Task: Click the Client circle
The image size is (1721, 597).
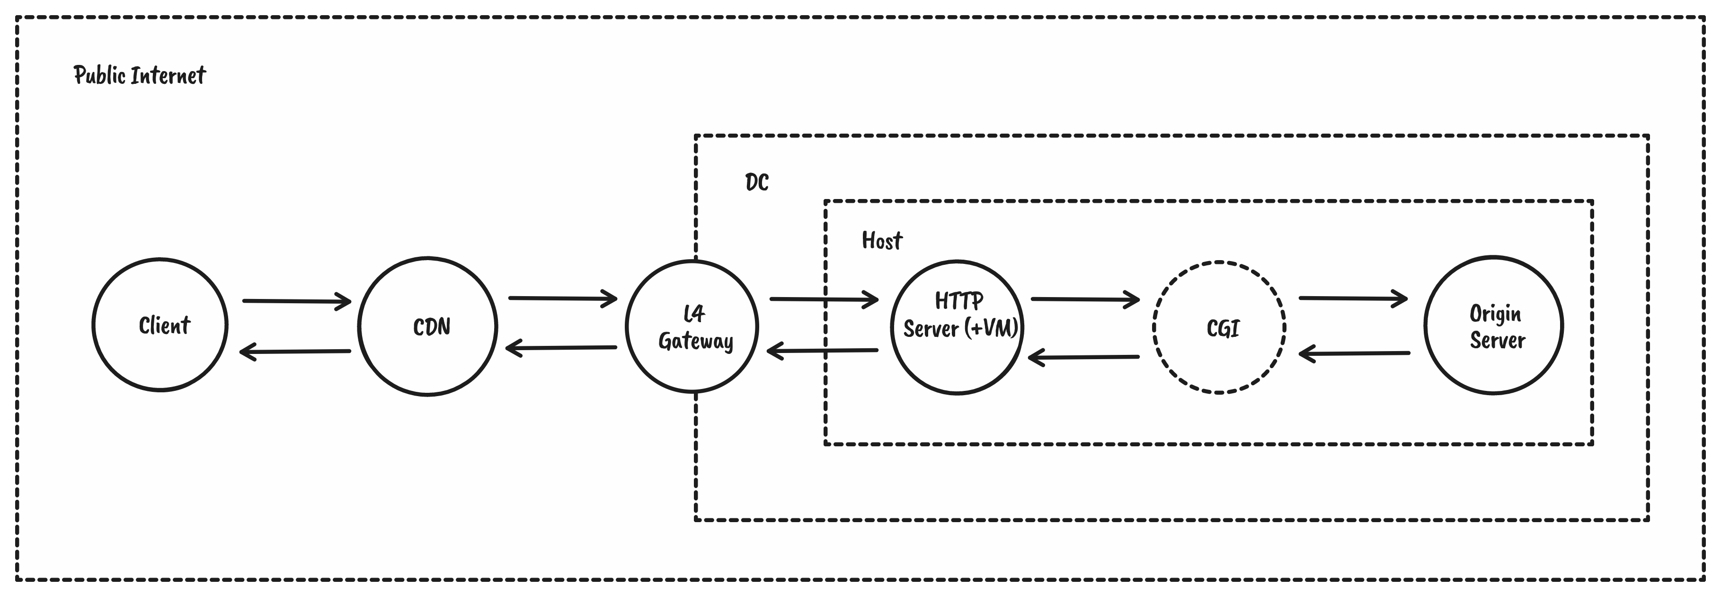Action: (160, 325)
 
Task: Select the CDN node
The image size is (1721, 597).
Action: (427, 326)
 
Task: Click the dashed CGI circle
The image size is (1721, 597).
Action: (1219, 327)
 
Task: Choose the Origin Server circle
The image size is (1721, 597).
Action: (1494, 326)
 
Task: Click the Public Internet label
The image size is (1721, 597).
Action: (140, 75)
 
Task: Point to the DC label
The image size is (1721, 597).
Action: (757, 182)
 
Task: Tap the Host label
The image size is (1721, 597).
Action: (882, 241)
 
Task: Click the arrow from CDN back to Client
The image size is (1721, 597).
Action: (295, 351)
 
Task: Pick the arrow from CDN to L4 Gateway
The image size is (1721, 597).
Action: (562, 298)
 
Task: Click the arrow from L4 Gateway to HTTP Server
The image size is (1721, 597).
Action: (824, 299)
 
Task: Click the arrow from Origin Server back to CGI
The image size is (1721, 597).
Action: (1354, 353)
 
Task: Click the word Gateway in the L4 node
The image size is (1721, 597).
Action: (695, 342)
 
